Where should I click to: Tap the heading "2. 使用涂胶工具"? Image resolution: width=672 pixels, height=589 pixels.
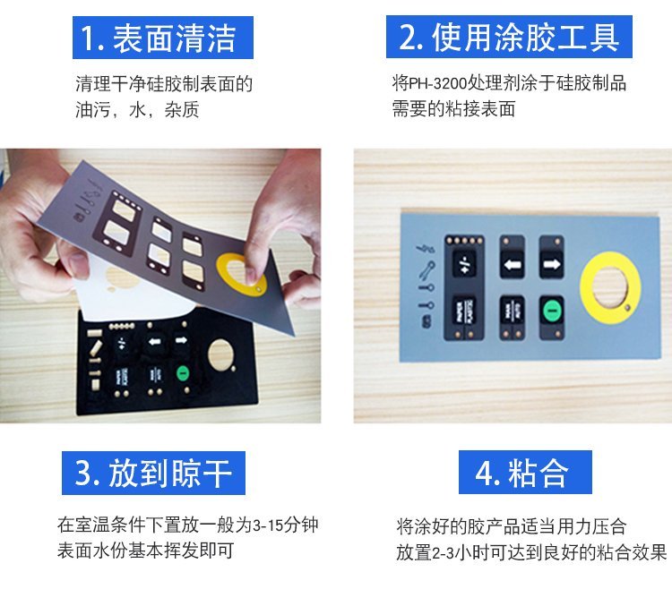pos(509,38)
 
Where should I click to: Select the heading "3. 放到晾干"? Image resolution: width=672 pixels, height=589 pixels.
pos(153,473)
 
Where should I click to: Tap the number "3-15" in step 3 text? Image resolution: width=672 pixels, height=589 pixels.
pos(268,525)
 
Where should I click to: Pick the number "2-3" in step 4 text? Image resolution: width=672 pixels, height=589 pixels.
pos(443,553)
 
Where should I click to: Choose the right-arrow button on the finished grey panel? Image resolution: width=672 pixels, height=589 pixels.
pos(552,264)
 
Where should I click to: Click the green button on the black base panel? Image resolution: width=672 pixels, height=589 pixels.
pos(183,373)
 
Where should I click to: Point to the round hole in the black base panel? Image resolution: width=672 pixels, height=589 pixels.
pos(221,355)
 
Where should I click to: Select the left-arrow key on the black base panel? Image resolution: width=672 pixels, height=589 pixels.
pos(154,342)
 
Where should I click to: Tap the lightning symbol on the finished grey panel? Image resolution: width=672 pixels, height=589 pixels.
pos(425,247)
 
